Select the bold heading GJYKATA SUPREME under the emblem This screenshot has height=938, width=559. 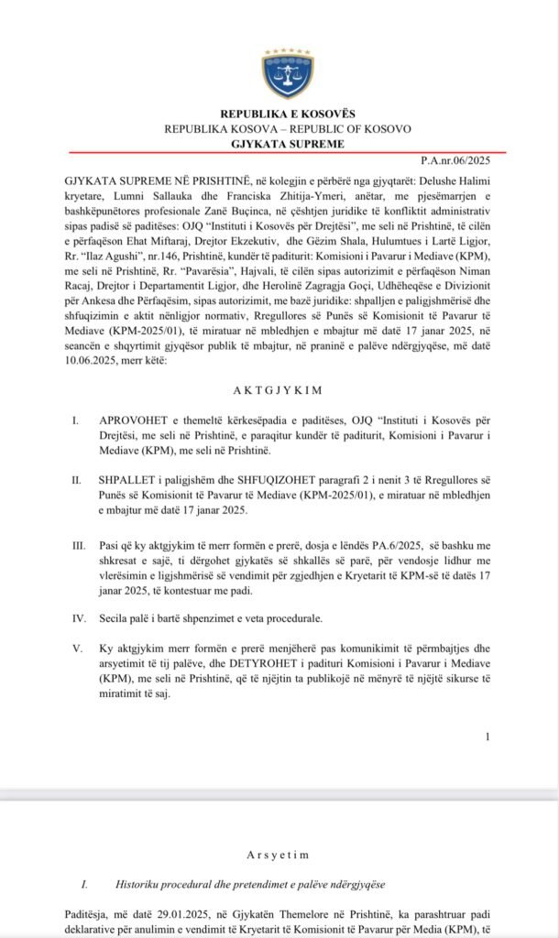(288, 144)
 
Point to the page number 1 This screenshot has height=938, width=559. (488, 736)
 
